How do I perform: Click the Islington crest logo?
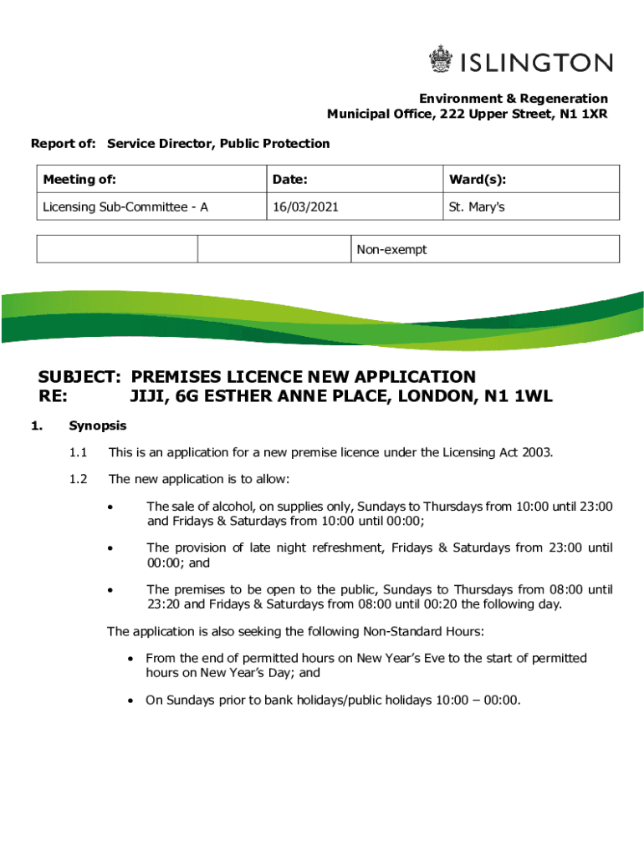coord(440,61)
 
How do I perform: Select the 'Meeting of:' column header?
coord(79,180)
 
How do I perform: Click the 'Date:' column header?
coord(289,180)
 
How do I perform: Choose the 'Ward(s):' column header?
coord(477,180)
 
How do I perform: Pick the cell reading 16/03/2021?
coord(304,206)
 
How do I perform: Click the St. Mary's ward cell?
coord(476,206)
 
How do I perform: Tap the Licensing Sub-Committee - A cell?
coord(125,206)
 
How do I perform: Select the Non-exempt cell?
coord(391,249)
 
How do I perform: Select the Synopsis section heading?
coord(97,425)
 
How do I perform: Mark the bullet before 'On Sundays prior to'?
coord(130,701)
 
